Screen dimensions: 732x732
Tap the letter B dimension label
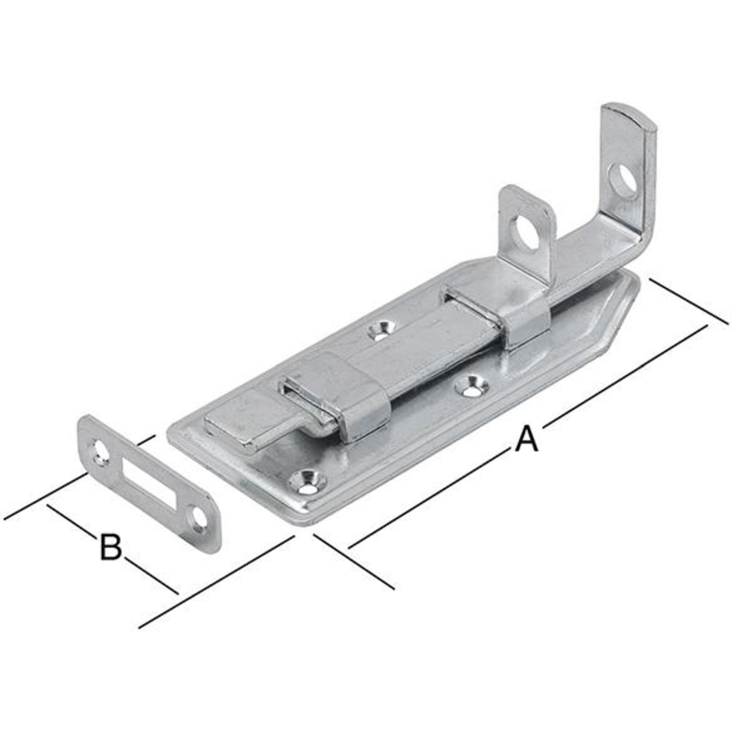pyautogui.click(x=111, y=547)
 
